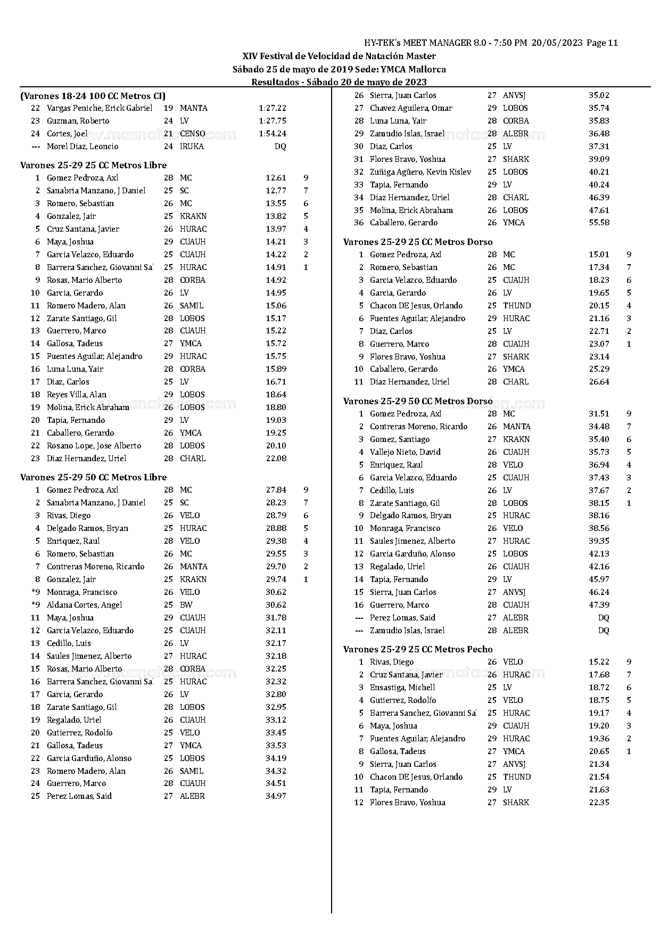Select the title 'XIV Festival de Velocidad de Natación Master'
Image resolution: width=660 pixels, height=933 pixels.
pyautogui.click(x=339, y=56)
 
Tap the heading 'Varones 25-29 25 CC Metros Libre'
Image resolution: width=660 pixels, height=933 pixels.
pyautogui.click(x=93, y=165)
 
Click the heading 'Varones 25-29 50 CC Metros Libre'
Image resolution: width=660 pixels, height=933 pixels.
pyautogui.click(x=93, y=477)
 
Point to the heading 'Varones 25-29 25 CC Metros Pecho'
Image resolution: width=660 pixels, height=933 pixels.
pyautogui.click(x=418, y=649)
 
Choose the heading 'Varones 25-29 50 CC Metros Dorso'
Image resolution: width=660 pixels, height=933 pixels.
pyautogui.click(x=418, y=401)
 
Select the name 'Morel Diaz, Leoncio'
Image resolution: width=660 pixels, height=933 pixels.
pyautogui.click(x=82, y=146)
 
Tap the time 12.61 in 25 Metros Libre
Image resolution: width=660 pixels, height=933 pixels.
pyautogui.click(x=276, y=178)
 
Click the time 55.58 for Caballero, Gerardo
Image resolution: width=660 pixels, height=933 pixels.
pyautogui.click(x=599, y=223)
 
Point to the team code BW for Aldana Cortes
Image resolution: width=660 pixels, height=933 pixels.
pyautogui.click(x=186, y=605)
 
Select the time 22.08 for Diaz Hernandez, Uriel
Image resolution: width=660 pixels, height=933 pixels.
pyautogui.click(x=276, y=459)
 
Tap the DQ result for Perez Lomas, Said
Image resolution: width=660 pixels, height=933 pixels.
pyautogui.click(x=603, y=618)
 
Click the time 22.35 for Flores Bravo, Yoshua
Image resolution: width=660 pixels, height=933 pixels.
pyautogui.click(x=599, y=803)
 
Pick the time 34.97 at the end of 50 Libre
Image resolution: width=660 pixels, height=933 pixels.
pyautogui.click(x=276, y=796)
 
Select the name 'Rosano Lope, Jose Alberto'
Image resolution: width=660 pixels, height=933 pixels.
pyautogui.click(x=94, y=446)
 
